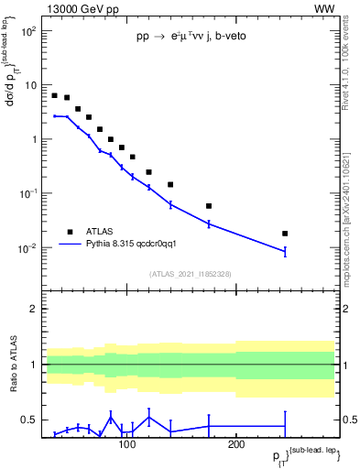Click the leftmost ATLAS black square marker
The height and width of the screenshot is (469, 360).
click(55, 95)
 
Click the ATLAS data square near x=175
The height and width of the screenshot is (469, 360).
click(209, 206)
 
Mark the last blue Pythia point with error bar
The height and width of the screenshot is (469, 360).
click(285, 251)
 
